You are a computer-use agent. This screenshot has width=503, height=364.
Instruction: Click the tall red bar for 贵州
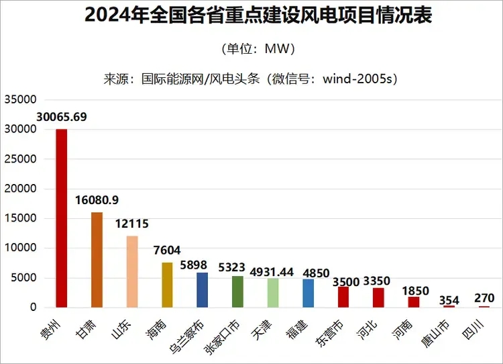(x=61, y=218)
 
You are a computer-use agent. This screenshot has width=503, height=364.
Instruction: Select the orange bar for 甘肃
(x=97, y=260)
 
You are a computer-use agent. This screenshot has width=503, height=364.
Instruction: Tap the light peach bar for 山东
(x=132, y=271)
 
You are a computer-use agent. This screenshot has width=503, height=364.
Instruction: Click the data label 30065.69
(x=62, y=117)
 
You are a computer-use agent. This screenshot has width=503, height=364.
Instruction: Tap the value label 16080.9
(x=97, y=200)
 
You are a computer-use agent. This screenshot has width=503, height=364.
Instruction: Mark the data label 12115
(x=132, y=224)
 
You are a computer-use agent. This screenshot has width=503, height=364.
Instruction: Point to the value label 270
(x=484, y=298)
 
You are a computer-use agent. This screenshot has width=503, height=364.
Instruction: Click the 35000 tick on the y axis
(x=19, y=99)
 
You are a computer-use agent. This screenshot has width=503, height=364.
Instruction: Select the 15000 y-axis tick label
(x=19, y=218)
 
